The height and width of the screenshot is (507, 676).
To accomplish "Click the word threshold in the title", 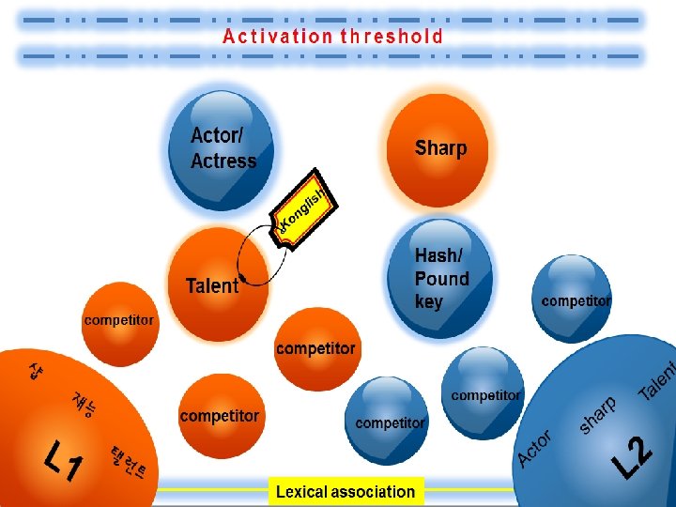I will coord(392,38).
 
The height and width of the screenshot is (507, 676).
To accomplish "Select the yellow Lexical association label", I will coord(346,491).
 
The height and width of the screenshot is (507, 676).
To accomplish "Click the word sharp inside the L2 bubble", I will coord(598,415).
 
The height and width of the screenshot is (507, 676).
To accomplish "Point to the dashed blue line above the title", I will coord(329,19).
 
